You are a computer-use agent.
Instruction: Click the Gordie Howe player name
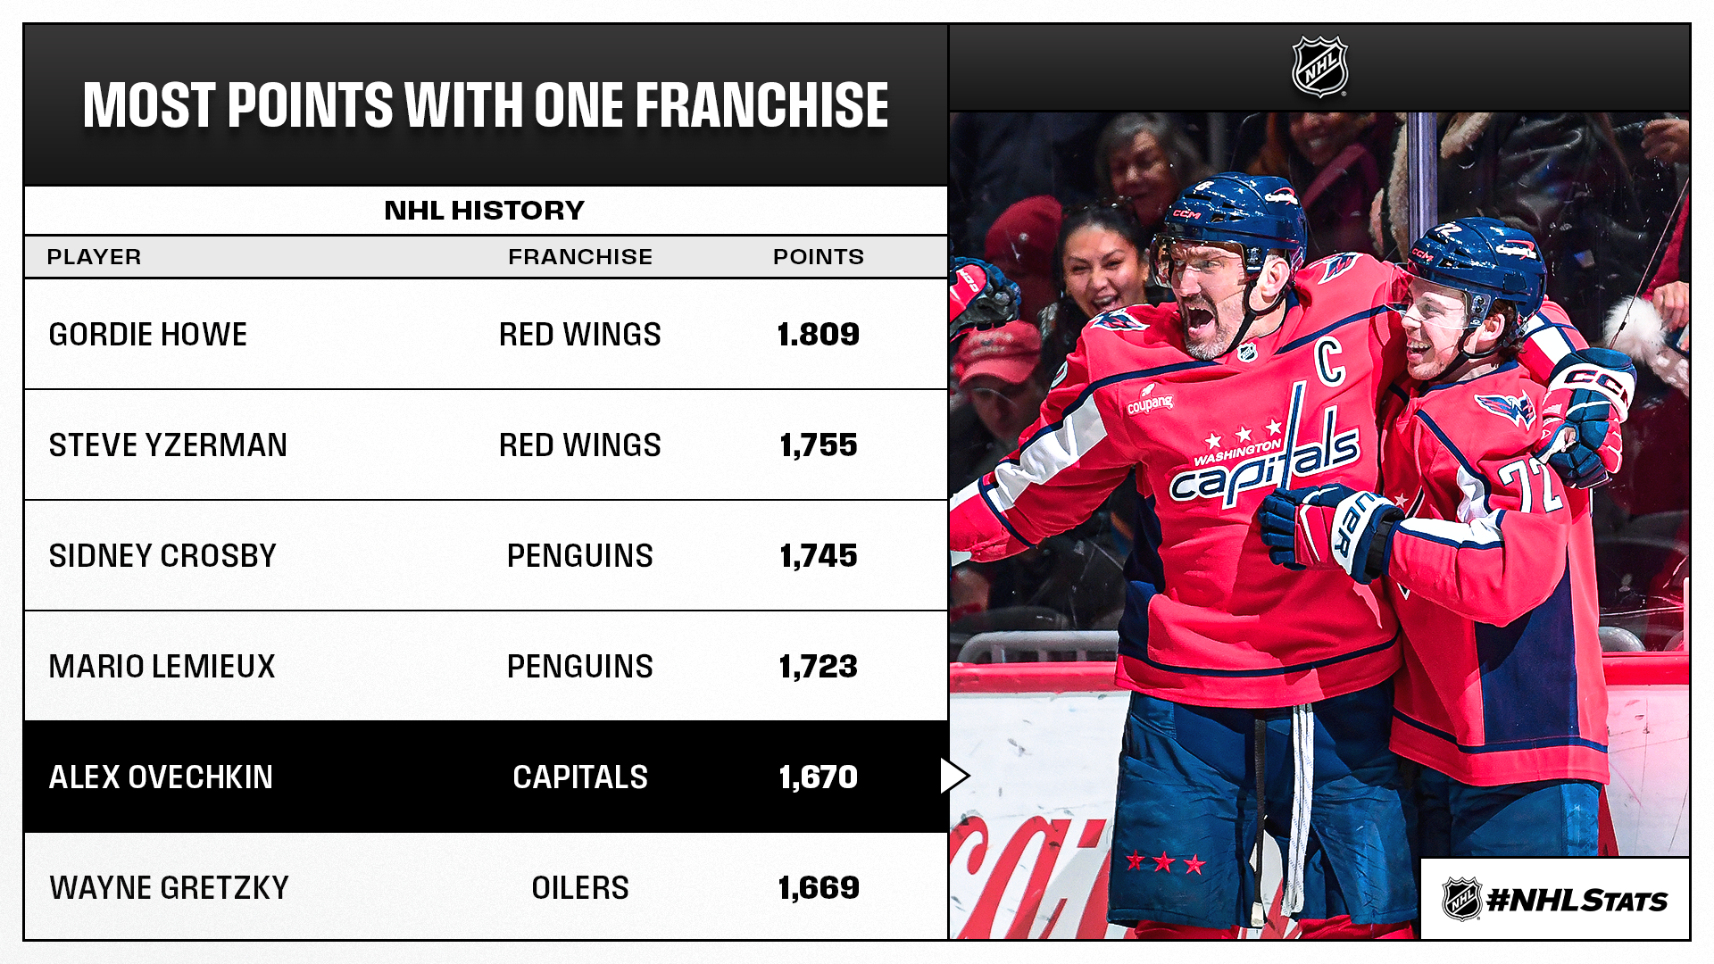[147, 335]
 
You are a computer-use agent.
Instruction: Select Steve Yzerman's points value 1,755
[819, 445]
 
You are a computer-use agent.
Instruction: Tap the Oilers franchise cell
[580, 888]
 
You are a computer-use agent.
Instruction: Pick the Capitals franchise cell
[580, 777]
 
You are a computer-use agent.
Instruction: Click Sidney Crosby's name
[162, 556]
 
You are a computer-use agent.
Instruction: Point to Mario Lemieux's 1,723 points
[819, 667]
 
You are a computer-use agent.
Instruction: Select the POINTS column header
[819, 257]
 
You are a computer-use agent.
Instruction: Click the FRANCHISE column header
[580, 257]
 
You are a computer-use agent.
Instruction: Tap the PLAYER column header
[94, 257]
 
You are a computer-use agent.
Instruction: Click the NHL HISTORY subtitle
[485, 211]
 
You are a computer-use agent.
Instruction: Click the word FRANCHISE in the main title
[761, 105]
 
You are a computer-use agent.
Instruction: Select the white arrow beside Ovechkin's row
[953, 776]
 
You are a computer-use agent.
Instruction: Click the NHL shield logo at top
[1319, 67]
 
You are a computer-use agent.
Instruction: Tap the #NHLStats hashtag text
[1577, 901]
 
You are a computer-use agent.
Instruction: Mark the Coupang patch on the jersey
[1150, 401]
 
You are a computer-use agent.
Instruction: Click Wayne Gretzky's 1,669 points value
[819, 888]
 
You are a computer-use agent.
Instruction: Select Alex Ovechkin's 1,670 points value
[819, 777]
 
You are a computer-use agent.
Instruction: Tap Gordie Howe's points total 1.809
[819, 335]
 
